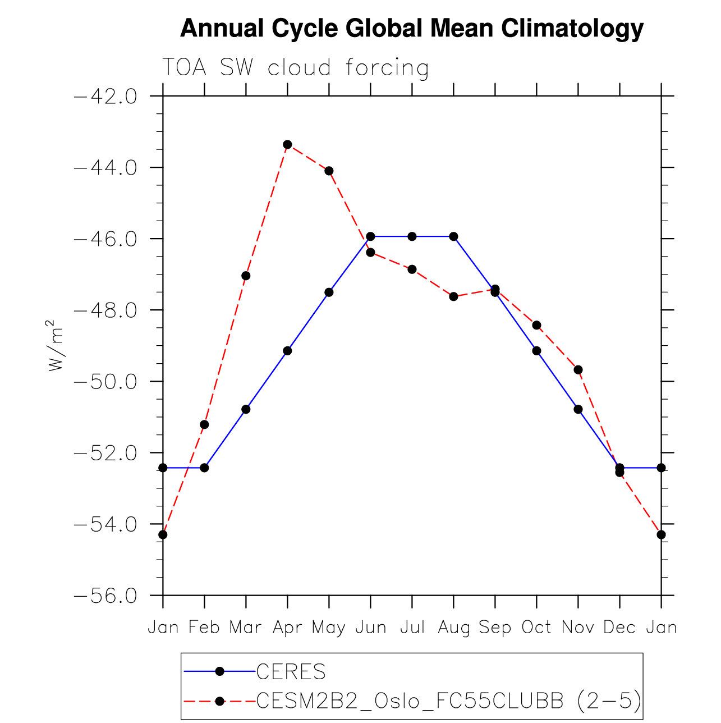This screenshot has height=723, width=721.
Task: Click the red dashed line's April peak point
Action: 287,144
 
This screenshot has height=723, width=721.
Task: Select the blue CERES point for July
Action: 412,236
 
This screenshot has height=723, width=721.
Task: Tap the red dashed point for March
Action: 246,276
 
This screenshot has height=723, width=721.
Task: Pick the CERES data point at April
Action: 287,351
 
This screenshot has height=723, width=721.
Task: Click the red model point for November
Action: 578,369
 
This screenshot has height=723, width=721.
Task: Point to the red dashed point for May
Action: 329,171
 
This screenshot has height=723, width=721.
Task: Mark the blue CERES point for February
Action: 204,468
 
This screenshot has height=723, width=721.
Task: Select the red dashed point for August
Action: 453,296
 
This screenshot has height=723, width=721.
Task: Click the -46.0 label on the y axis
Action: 105,239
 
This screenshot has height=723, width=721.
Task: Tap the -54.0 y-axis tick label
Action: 105,524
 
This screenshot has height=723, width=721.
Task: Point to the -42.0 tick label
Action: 105,97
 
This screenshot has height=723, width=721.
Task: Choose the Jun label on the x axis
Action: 370,628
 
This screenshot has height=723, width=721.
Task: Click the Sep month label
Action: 495,628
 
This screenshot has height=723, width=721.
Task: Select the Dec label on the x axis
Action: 619,628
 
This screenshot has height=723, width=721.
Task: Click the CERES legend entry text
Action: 291,671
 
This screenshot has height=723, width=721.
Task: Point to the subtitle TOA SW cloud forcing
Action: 296,68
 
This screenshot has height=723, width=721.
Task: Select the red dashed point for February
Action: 204,424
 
